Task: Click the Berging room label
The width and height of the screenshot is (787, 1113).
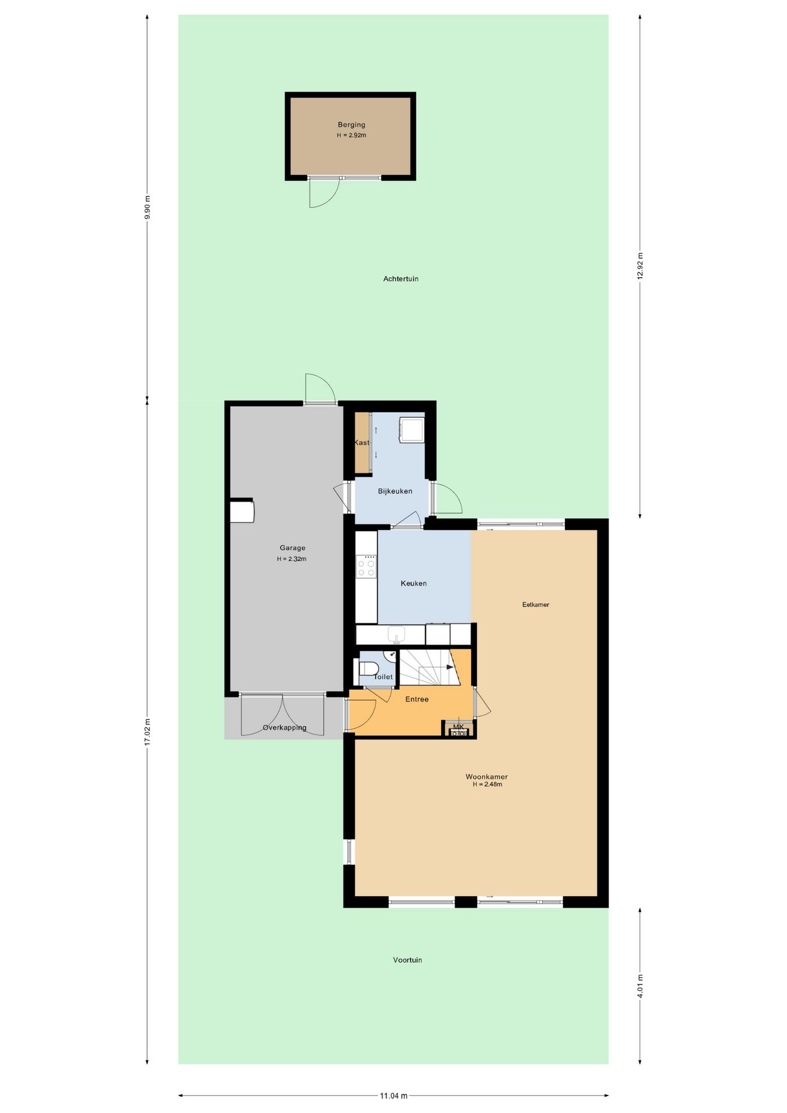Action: pyautogui.click(x=351, y=125)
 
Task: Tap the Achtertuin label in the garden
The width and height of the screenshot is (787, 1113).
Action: pyautogui.click(x=400, y=279)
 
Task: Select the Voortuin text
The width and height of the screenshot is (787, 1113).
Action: pyautogui.click(x=407, y=960)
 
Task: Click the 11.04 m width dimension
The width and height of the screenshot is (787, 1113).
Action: pyautogui.click(x=394, y=1096)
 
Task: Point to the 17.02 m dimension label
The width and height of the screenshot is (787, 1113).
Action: pyautogui.click(x=147, y=732)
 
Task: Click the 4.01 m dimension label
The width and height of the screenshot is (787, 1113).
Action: pyautogui.click(x=640, y=986)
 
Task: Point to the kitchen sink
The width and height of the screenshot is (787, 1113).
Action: pyautogui.click(x=396, y=634)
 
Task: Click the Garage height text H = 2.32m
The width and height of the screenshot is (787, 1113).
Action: pyautogui.click(x=292, y=559)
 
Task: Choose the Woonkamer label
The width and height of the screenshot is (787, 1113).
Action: pyautogui.click(x=486, y=777)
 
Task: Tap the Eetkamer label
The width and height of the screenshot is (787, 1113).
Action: pyautogui.click(x=535, y=605)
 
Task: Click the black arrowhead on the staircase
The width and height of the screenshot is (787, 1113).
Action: pyautogui.click(x=450, y=667)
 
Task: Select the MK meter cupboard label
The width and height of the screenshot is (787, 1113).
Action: pyautogui.click(x=458, y=727)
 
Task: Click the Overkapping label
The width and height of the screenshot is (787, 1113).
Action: pyautogui.click(x=284, y=728)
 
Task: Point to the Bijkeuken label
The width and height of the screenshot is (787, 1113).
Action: pyautogui.click(x=395, y=491)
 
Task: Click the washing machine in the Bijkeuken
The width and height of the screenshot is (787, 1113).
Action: pyautogui.click(x=412, y=430)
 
